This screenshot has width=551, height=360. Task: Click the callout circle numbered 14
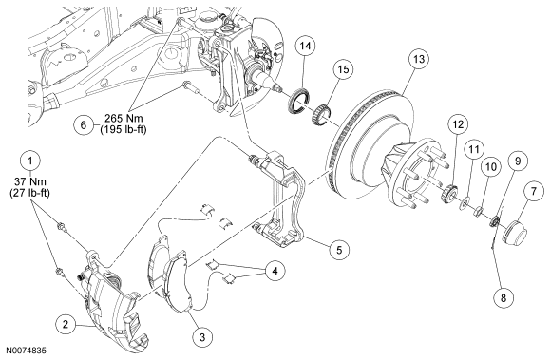pos(305,46)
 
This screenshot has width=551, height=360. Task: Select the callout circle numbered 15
pos(343,69)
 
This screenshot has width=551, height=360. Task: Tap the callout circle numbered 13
pos(419,59)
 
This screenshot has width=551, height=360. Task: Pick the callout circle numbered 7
pos(534,192)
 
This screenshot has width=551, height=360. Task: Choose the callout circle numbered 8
pos(503,298)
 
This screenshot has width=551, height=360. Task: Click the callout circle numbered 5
pos(339,250)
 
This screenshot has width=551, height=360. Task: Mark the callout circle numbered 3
pos(202,337)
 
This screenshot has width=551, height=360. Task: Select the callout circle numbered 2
pos(66,324)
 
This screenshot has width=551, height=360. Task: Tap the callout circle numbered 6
pos(84,125)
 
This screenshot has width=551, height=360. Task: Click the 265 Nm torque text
pos(123,118)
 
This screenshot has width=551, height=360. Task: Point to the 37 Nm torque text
pos(30,181)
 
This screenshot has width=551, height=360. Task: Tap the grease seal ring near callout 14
pos(299,102)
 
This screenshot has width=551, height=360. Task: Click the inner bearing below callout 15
pos(321,115)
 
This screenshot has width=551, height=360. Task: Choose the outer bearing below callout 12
pos(449,194)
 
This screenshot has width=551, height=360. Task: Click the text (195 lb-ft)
pos(123,129)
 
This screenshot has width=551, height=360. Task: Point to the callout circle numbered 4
pos(275,271)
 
